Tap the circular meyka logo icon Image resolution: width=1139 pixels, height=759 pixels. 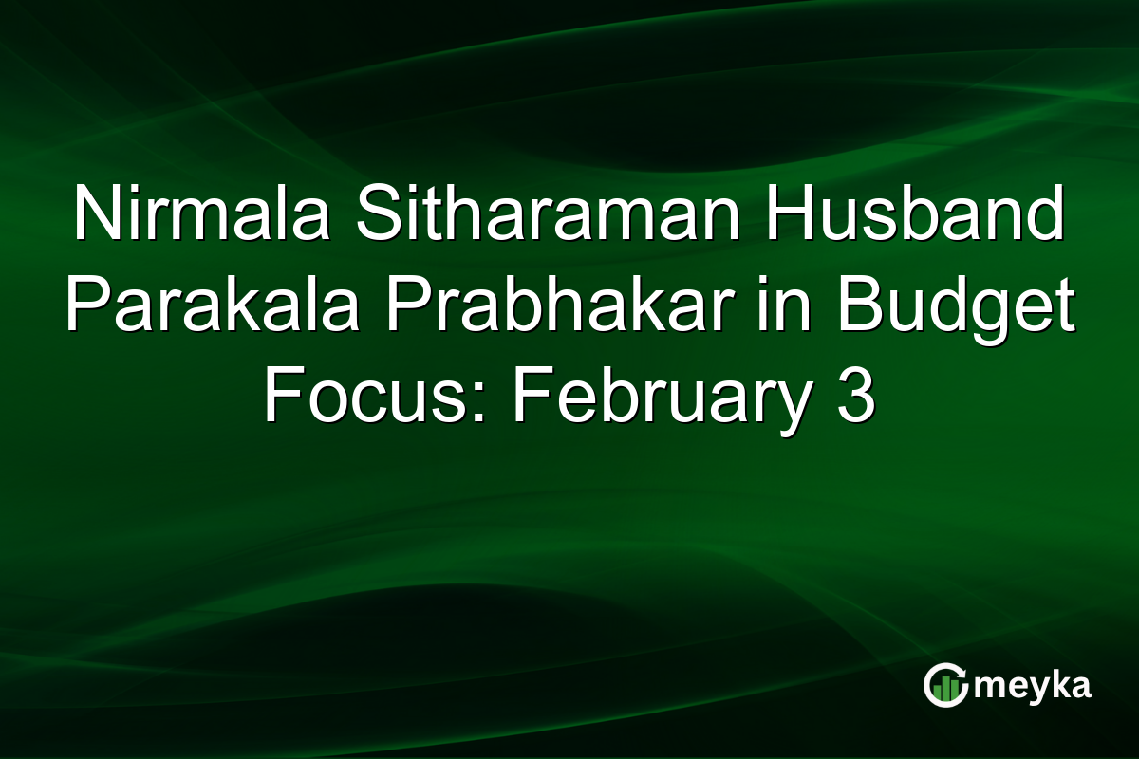coord(945,685)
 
